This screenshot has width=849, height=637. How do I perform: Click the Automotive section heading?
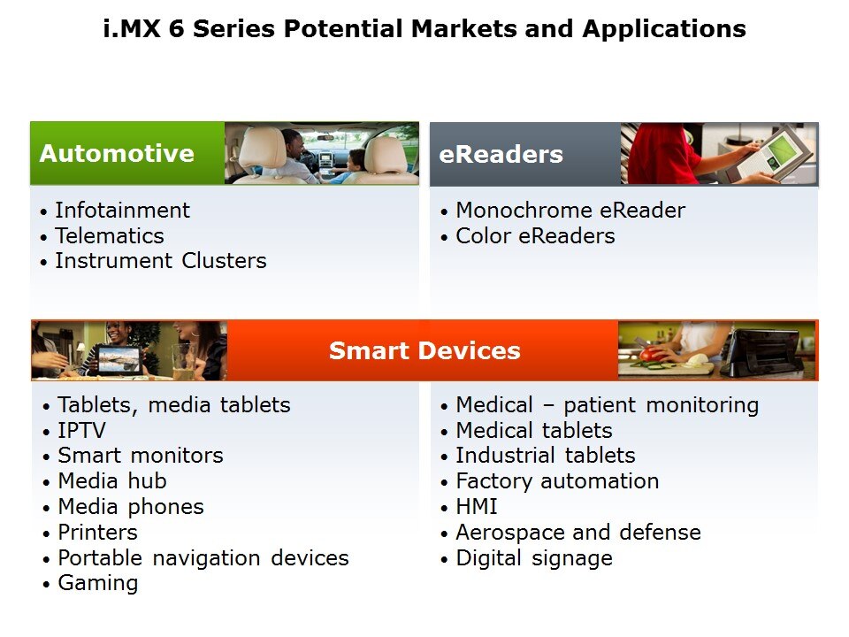point(117,153)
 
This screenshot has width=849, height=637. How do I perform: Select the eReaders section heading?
point(501,154)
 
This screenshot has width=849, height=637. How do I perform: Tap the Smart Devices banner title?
point(424,350)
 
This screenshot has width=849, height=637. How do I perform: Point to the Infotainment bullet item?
point(122,211)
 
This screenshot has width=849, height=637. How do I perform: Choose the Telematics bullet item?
point(110,235)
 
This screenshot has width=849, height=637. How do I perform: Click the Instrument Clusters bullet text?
point(161,260)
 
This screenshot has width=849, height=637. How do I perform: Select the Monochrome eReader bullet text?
point(570,211)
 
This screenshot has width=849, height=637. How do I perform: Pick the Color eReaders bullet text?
point(536,235)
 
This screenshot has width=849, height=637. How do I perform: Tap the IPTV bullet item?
point(81,430)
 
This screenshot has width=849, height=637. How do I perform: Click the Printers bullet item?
point(97,532)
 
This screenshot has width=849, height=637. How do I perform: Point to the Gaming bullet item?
point(98,583)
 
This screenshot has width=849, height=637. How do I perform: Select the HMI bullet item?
point(477,506)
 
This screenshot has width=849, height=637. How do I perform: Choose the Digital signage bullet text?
point(534,558)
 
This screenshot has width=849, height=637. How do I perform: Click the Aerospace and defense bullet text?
point(578,533)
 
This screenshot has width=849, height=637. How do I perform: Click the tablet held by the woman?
point(118,360)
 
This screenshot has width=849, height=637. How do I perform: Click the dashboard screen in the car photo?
point(326,158)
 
